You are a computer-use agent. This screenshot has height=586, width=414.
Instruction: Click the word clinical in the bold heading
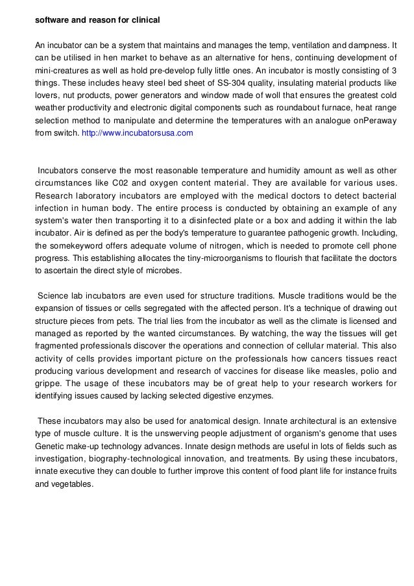143,20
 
